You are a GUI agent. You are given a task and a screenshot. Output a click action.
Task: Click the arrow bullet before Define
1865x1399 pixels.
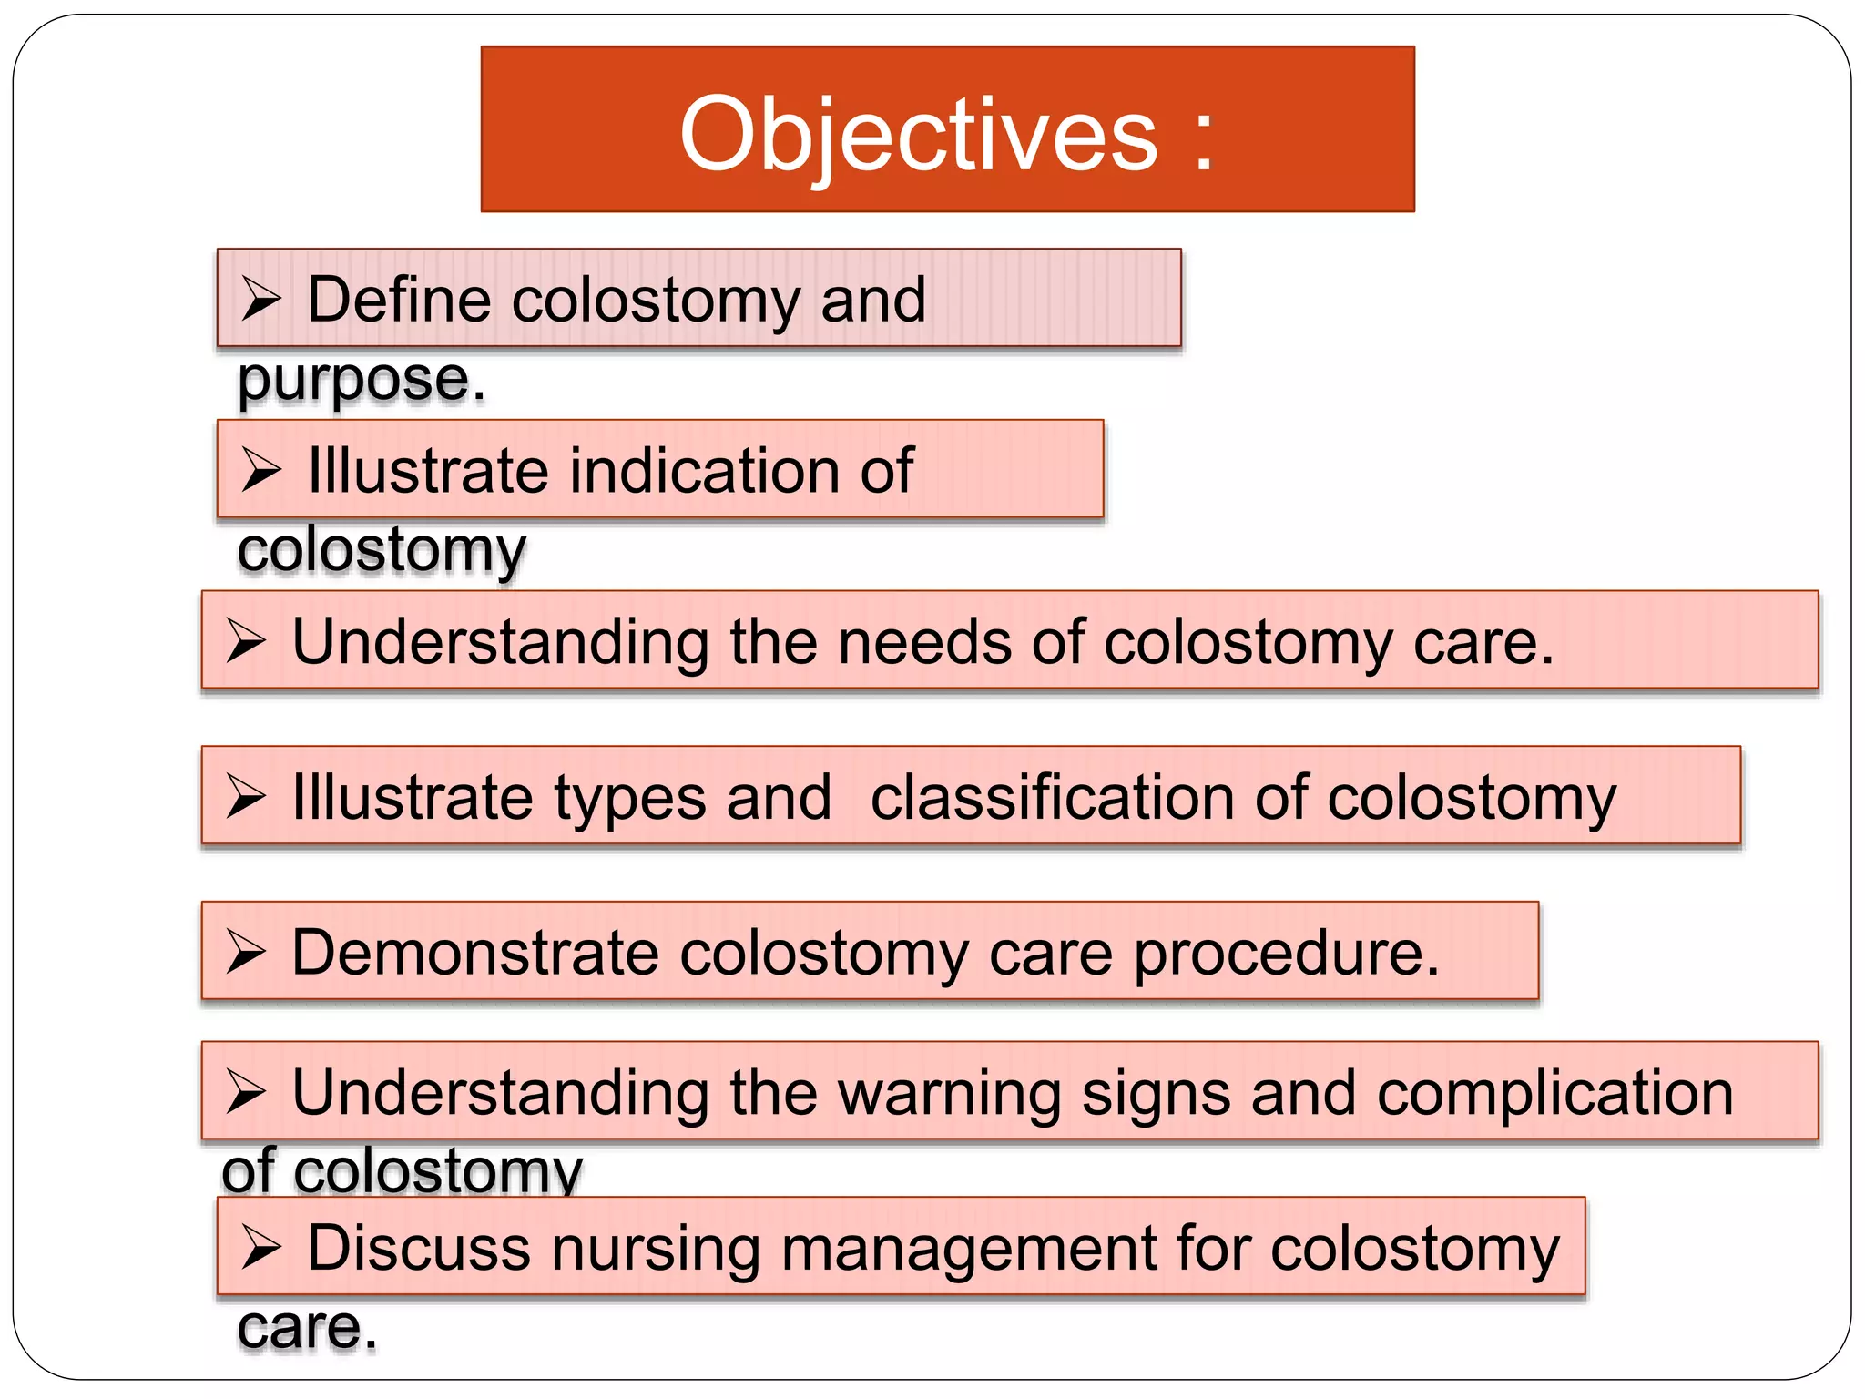pyautogui.click(x=261, y=300)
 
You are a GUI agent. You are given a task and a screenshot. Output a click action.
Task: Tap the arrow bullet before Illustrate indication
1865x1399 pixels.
pyautogui.click(x=261, y=471)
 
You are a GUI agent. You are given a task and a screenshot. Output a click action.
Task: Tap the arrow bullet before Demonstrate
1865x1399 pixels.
pyautogui.click(x=246, y=953)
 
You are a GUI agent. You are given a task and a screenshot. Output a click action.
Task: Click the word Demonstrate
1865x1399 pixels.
pyautogui.click(x=474, y=953)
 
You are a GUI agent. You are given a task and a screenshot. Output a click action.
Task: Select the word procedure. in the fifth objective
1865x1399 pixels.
pyautogui.click(x=1286, y=955)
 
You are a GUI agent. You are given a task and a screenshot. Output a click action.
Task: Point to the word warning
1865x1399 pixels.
pyautogui.click(x=949, y=1093)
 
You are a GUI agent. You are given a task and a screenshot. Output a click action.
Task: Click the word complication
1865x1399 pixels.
pyautogui.click(x=1554, y=1093)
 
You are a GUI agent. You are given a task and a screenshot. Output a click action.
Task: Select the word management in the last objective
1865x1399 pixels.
pyautogui.click(x=968, y=1249)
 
